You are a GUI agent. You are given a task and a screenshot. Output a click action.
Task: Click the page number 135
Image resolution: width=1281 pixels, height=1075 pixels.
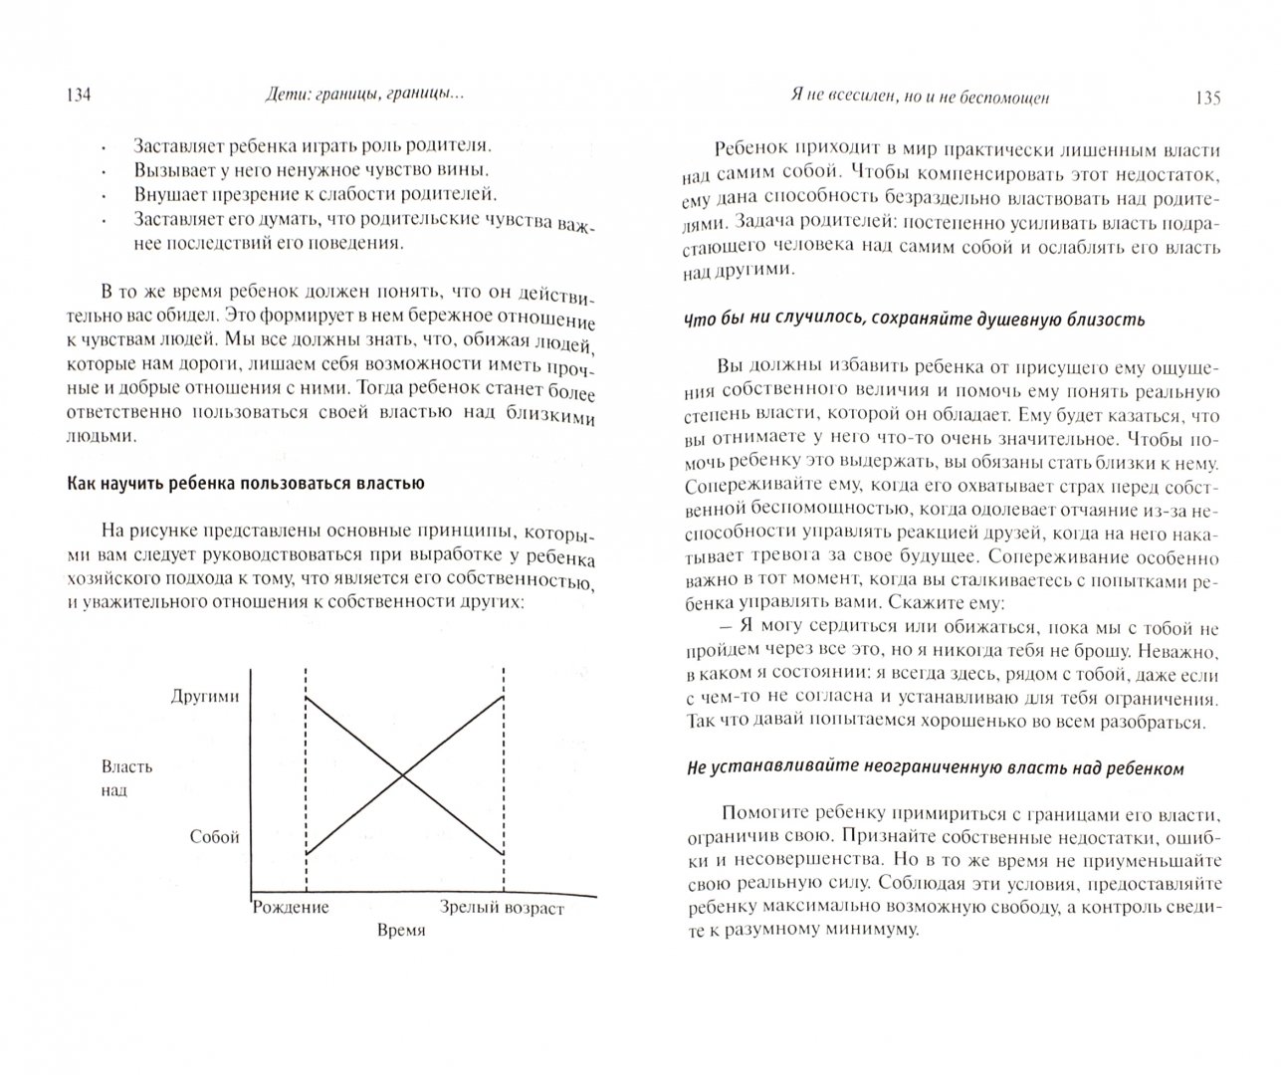(x=1204, y=99)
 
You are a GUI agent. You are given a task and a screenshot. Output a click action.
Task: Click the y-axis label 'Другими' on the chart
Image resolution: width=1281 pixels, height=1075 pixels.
(x=205, y=697)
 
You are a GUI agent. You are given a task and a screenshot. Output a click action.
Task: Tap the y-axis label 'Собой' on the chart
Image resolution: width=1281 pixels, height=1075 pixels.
(x=215, y=837)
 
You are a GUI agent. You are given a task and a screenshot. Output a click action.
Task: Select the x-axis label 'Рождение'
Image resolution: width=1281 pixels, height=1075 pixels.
(x=290, y=907)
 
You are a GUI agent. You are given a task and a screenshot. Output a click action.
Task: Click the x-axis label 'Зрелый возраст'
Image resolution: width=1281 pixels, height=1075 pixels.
(x=502, y=908)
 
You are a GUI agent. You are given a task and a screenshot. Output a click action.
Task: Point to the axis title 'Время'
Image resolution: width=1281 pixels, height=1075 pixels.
(x=401, y=930)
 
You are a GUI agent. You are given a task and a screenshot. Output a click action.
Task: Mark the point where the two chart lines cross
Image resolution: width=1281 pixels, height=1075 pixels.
(x=403, y=775)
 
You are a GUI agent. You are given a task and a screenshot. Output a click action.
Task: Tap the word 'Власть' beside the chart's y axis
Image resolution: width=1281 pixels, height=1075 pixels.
(x=126, y=766)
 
